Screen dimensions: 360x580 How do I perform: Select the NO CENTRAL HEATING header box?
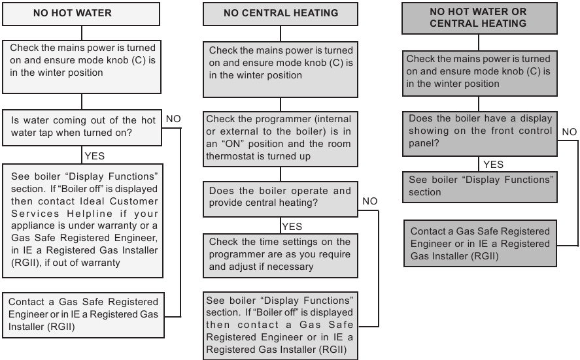click(x=281, y=13)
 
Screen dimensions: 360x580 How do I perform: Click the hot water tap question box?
click(x=82, y=125)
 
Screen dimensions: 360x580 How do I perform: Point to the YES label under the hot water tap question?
click(x=94, y=156)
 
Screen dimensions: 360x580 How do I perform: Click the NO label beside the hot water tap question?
click(x=173, y=120)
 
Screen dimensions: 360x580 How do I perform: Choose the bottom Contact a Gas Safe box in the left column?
click(x=82, y=313)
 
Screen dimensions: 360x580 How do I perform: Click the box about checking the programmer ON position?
click(x=280, y=138)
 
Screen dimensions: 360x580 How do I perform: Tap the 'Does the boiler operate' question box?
click(x=280, y=197)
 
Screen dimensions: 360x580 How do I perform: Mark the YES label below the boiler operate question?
click(x=292, y=226)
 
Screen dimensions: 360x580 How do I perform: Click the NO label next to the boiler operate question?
click(x=369, y=201)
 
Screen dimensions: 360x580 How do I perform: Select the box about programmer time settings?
click(x=280, y=255)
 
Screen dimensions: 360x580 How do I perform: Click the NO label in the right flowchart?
click(x=570, y=131)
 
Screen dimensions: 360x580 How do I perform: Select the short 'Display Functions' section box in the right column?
click(x=480, y=186)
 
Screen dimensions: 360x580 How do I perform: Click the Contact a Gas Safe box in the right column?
click(x=480, y=244)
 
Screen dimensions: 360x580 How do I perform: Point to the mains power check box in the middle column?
click(x=280, y=63)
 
